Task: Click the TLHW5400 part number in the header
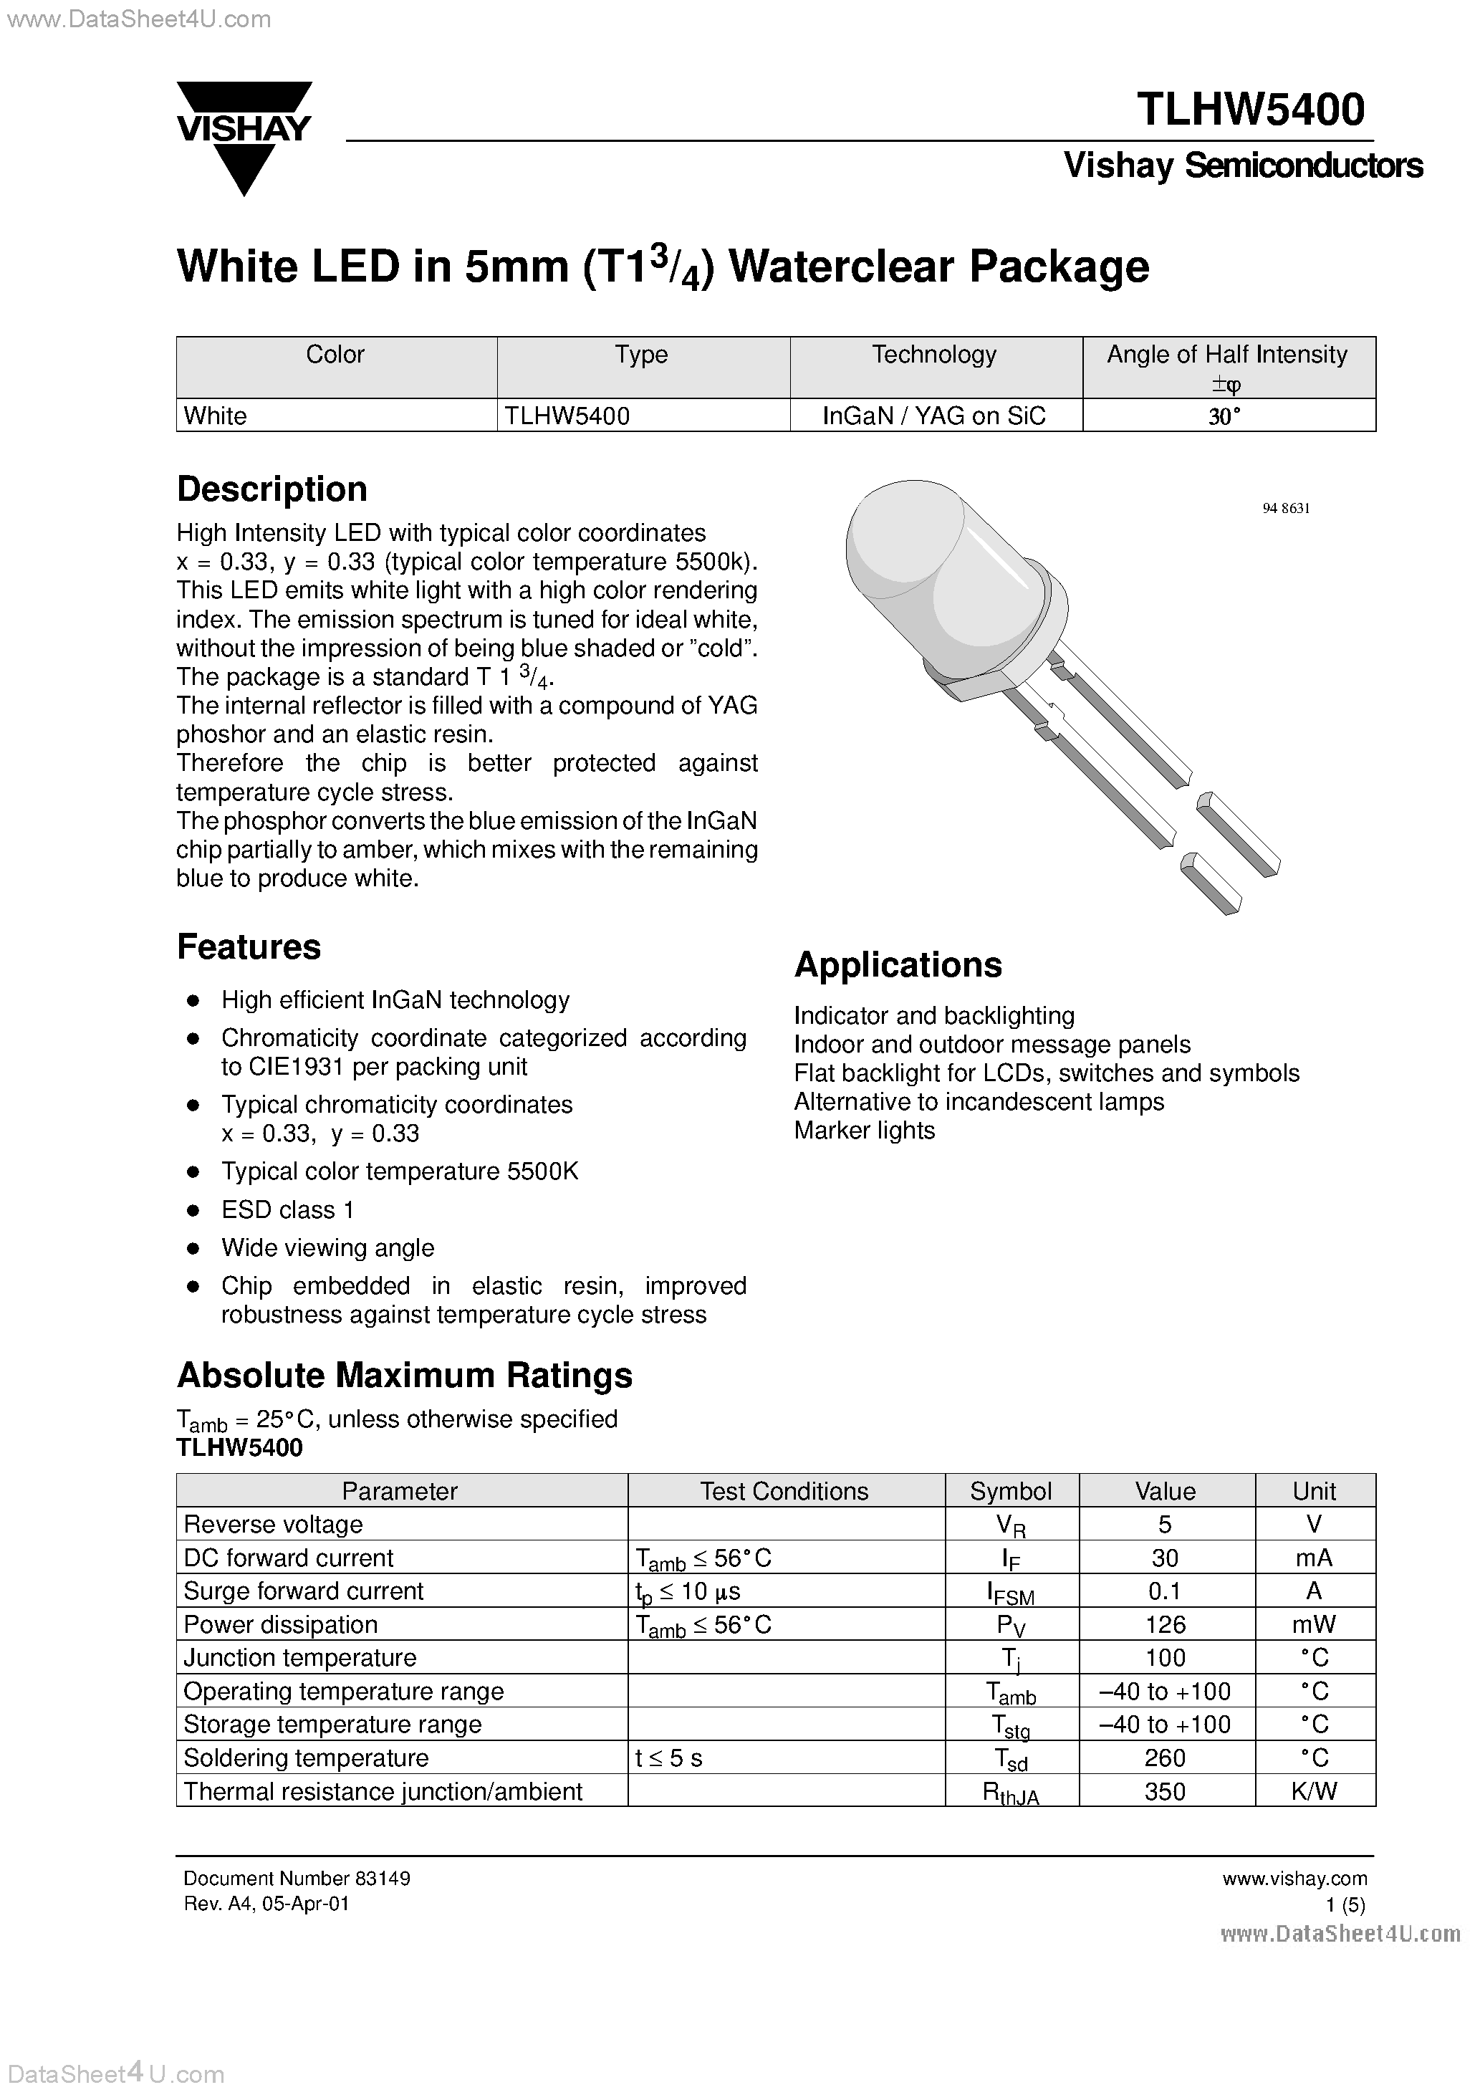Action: (x=1250, y=110)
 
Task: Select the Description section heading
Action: (x=272, y=489)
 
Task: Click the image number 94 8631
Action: (x=1286, y=508)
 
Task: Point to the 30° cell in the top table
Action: (x=1226, y=416)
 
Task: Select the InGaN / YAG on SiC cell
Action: (x=933, y=416)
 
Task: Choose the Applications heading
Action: (x=898, y=964)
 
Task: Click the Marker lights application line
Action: (x=864, y=1131)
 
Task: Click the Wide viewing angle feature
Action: (x=327, y=1248)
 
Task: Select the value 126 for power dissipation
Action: (x=1166, y=1625)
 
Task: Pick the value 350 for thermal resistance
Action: (x=1166, y=1792)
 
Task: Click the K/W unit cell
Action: (x=1314, y=1792)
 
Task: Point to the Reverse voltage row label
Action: (x=273, y=1525)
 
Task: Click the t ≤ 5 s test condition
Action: (x=669, y=1758)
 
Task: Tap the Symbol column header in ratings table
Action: (x=1010, y=1491)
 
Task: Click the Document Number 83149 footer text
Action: (x=297, y=1879)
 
